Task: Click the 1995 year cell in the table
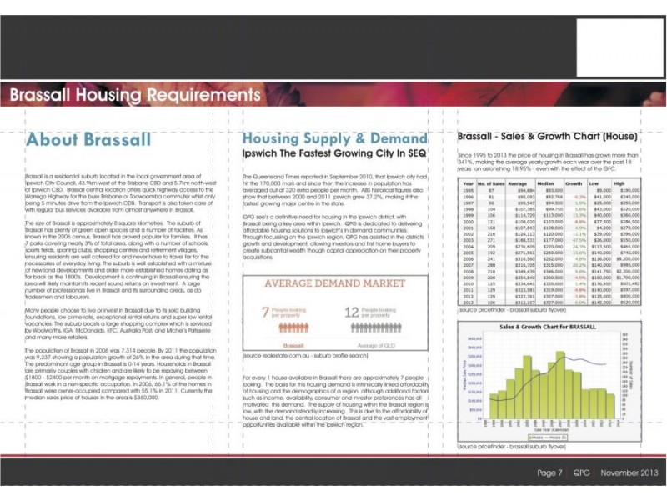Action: (468, 191)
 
